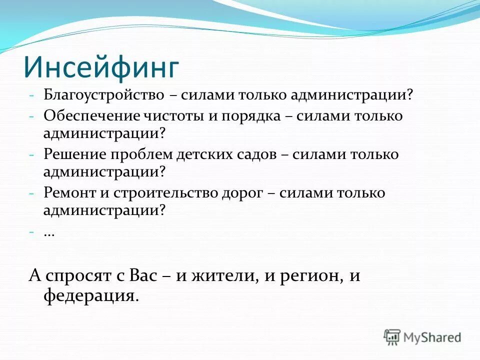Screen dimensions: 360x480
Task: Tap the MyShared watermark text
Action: (432, 337)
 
